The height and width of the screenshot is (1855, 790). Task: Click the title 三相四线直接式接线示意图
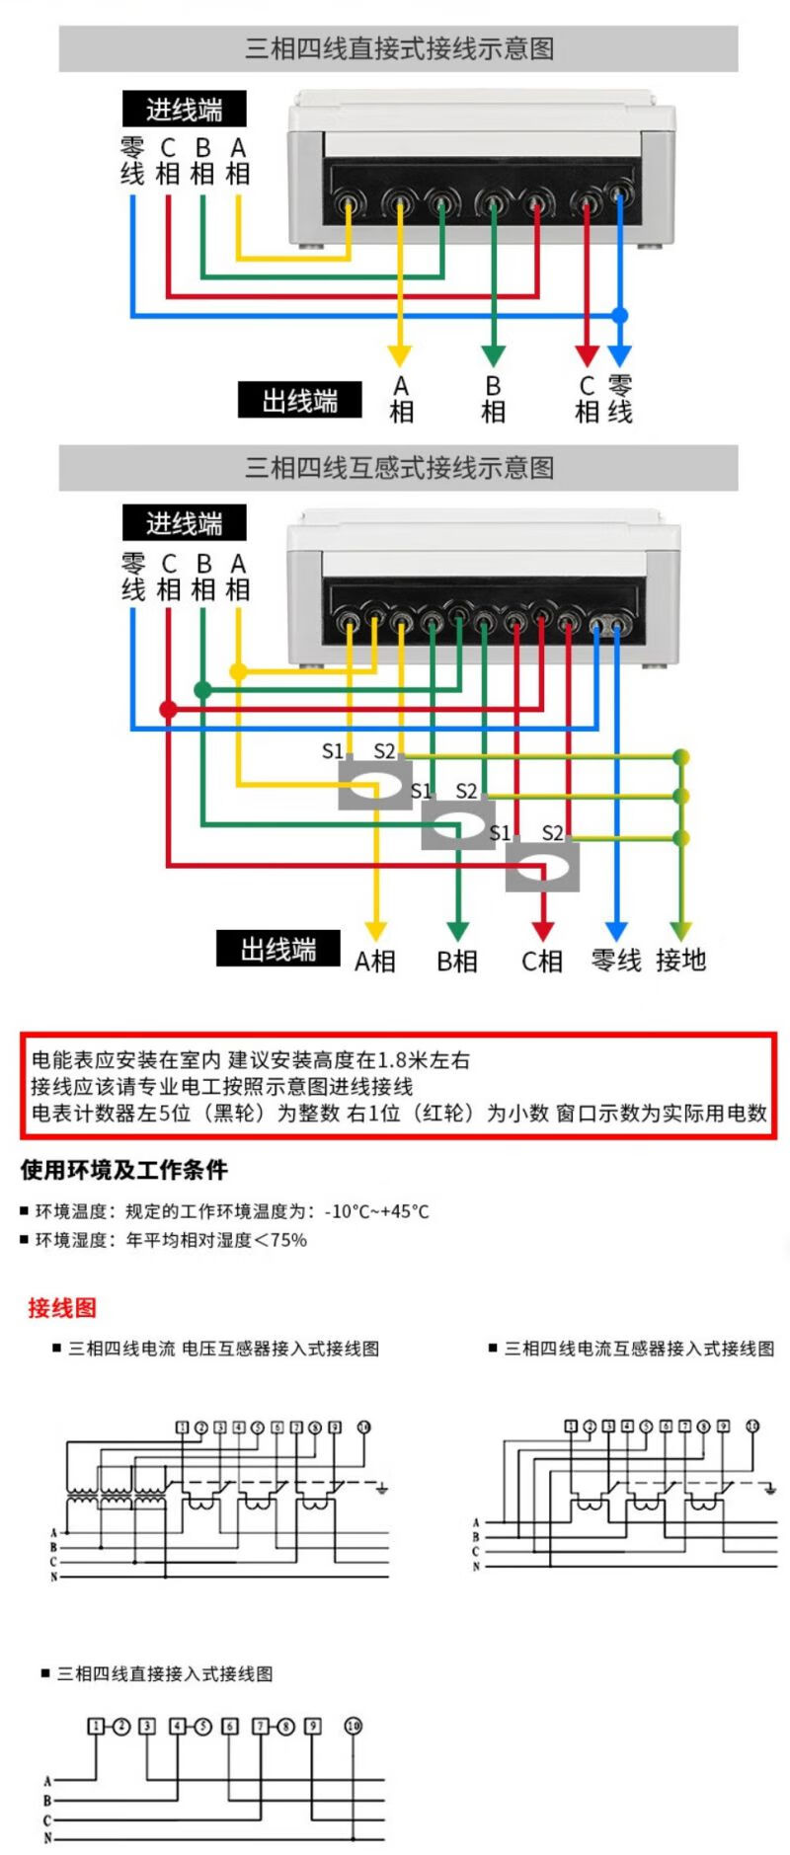point(399,48)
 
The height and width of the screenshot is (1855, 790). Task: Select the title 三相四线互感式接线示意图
point(399,467)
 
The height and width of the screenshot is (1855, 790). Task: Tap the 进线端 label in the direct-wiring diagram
point(184,109)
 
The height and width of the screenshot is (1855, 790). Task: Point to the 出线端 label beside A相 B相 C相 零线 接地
point(277,950)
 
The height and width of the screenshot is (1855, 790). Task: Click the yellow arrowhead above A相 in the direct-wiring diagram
point(399,355)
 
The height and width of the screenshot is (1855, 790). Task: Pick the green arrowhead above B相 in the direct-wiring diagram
point(493,355)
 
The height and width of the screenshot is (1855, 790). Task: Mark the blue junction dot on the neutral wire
point(619,316)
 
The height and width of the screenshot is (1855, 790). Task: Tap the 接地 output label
point(680,960)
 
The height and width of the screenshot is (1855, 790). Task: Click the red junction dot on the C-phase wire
point(168,709)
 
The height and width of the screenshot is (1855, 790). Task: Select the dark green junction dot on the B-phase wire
point(202,690)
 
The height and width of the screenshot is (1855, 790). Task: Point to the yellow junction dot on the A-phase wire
point(238,671)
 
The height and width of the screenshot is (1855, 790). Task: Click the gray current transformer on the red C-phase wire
point(542,868)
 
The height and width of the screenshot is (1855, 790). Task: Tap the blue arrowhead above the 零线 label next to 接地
point(616,931)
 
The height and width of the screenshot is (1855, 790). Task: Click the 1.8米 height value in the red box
point(381,1060)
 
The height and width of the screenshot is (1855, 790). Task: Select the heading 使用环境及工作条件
point(124,1170)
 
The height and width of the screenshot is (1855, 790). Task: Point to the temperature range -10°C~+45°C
point(376,1211)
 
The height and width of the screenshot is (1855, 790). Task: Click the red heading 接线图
point(62,1308)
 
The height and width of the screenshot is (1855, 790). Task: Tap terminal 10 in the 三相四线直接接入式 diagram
point(353,1726)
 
